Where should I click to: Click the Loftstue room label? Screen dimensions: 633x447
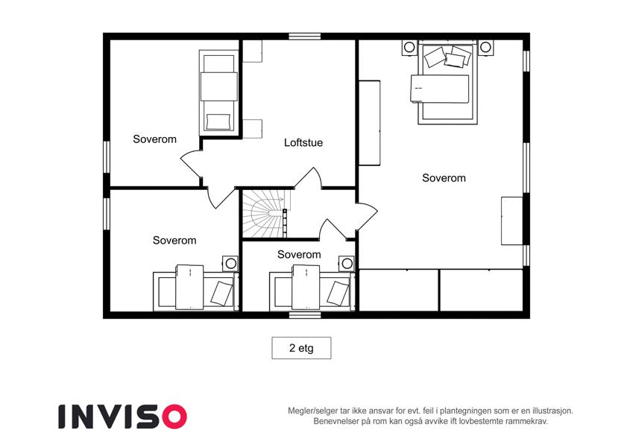coord(303,142)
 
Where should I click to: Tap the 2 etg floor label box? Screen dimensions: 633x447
coord(301,348)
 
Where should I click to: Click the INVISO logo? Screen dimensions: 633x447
coord(122,416)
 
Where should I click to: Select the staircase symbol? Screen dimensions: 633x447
coord(265,214)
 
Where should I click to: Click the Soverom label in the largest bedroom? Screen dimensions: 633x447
coord(444,178)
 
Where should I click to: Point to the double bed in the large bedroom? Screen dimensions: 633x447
coord(447,83)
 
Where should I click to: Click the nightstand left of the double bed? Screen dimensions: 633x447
coord(409,47)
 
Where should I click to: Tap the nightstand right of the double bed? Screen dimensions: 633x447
coord(485,47)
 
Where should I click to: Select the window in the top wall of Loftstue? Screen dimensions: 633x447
coord(305,37)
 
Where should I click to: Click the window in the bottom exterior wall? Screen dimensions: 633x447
coord(305,314)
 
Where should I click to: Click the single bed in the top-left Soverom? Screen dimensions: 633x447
coord(218,93)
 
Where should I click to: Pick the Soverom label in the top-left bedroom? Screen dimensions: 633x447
coord(154,139)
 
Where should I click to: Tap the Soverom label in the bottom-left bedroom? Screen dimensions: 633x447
coord(174,241)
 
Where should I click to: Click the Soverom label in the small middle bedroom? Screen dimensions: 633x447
coord(299,255)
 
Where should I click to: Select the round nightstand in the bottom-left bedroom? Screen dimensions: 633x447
coord(230,264)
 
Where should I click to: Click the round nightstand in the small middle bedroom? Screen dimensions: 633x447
coord(347,264)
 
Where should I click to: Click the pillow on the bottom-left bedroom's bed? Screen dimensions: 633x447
coord(221,294)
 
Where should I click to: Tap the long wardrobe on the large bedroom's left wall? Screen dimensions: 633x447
coord(370,123)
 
